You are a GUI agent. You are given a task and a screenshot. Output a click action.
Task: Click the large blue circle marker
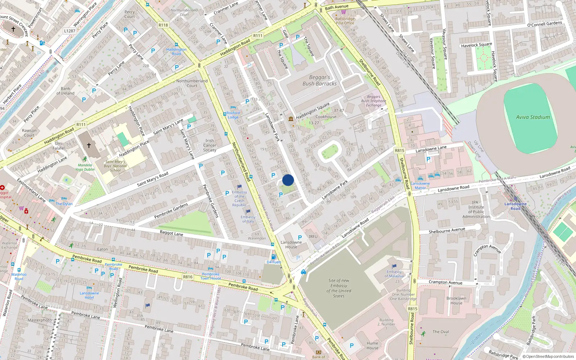coord(288,180)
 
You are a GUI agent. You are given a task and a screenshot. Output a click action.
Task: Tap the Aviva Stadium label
coord(533,117)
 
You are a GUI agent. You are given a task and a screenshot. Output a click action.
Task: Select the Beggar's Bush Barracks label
coord(319,80)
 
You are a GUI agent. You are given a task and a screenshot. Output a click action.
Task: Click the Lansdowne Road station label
coord(515,206)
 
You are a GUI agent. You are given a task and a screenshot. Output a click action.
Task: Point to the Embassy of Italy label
coord(248,219)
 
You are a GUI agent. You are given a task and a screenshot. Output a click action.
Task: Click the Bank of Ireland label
coord(65,91)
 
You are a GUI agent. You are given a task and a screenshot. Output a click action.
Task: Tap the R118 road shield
coord(163,25)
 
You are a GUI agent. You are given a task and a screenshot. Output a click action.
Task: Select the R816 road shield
coord(188,277)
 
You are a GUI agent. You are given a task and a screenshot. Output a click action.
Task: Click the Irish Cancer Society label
coord(210,145)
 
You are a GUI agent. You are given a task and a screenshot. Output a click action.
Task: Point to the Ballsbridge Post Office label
coord(345,21)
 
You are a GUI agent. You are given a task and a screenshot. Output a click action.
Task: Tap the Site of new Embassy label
coord(339,288)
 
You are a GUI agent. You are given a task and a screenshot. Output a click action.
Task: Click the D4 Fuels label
coord(274,262)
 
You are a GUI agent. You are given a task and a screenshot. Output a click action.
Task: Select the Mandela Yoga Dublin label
coord(85,167)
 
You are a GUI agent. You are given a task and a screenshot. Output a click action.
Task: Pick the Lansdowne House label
coord(291,245)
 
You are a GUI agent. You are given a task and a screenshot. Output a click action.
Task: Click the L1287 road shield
coord(70,31)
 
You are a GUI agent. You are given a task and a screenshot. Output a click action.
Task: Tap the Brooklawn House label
coord(456,301)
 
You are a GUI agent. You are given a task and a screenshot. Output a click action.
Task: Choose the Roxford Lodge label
coord(233,115)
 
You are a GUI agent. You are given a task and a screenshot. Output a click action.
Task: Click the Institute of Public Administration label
coord(476,210)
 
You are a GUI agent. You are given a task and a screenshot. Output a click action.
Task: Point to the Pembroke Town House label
coord(211,276)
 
